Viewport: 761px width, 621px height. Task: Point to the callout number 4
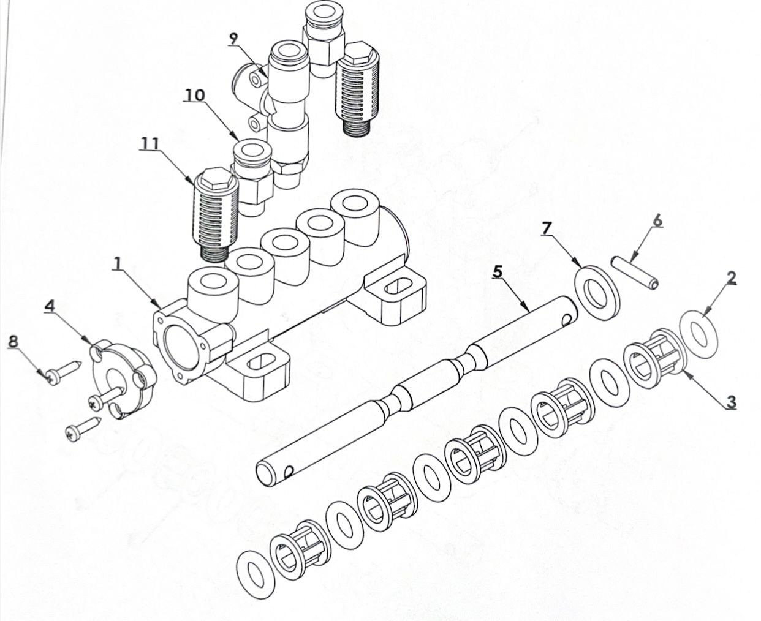pos(50,306)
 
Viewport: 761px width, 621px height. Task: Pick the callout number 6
pos(657,220)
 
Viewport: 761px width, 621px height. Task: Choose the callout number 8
pos(13,341)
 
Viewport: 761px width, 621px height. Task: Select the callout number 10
pos(195,94)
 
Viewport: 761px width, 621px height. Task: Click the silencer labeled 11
pos(216,215)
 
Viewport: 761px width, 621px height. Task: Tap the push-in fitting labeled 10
pos(252,177)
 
